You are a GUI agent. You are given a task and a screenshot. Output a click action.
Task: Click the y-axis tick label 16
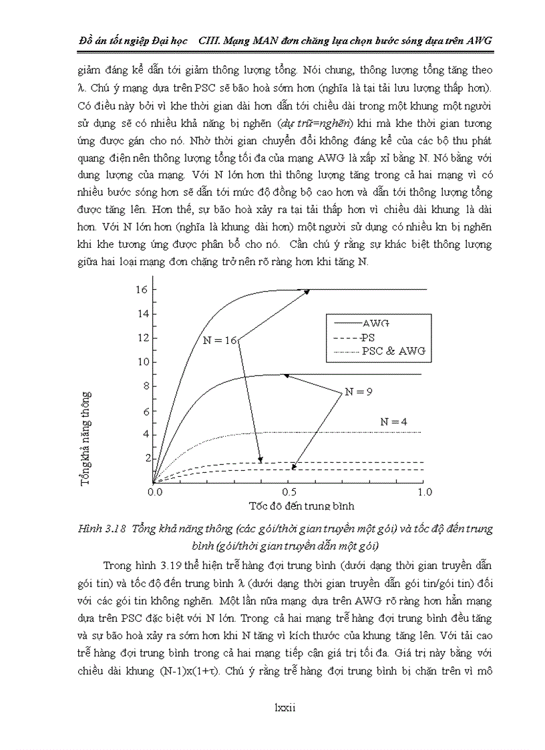(141, 290)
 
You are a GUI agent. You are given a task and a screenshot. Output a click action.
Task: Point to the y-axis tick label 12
(141, 338)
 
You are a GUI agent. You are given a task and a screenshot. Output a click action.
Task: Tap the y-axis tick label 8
(144, 386)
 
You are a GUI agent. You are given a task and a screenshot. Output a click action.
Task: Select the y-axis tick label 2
(144, 458)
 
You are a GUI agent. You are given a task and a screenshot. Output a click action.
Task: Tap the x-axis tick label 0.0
(154, 492)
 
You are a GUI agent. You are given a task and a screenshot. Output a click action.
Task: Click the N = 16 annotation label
(220, 340)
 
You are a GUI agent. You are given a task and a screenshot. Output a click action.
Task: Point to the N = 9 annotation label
(359, 392)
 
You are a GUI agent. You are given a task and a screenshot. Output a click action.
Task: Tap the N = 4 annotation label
(394, 421)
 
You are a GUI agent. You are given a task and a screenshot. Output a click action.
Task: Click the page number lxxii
(285, 708)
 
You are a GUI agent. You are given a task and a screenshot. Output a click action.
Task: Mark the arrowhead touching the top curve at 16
(307, 291)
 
